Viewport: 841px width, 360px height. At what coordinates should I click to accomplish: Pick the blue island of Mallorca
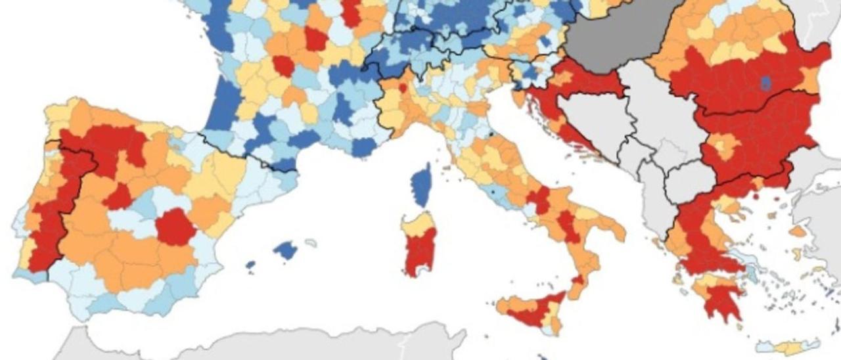[x=285, y=250]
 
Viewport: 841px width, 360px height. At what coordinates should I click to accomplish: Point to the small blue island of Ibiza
[x=250, y=265]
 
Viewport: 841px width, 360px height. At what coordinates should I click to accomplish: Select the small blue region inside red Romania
[x=765, y=83]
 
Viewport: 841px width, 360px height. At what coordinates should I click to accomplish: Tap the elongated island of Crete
[x=788, y=346]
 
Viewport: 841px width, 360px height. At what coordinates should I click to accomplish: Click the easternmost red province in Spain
[x=175, y=227]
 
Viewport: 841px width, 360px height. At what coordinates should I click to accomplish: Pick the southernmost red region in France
[x=284, y=65]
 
